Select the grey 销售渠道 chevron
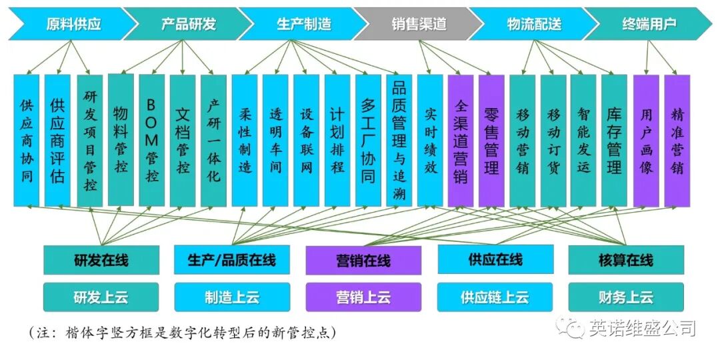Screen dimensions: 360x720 418,24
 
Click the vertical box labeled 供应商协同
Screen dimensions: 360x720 27,140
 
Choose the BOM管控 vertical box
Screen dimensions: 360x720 151,140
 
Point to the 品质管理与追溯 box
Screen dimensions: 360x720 399,140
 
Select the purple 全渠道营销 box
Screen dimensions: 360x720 461,140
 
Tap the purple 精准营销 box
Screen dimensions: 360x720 677,140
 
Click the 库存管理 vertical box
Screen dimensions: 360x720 614,140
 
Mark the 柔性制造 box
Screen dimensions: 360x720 245,140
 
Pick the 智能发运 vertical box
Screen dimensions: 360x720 583,140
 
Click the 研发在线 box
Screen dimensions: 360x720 101,260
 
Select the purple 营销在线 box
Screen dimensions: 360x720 363,260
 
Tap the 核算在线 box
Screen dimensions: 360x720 626,260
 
